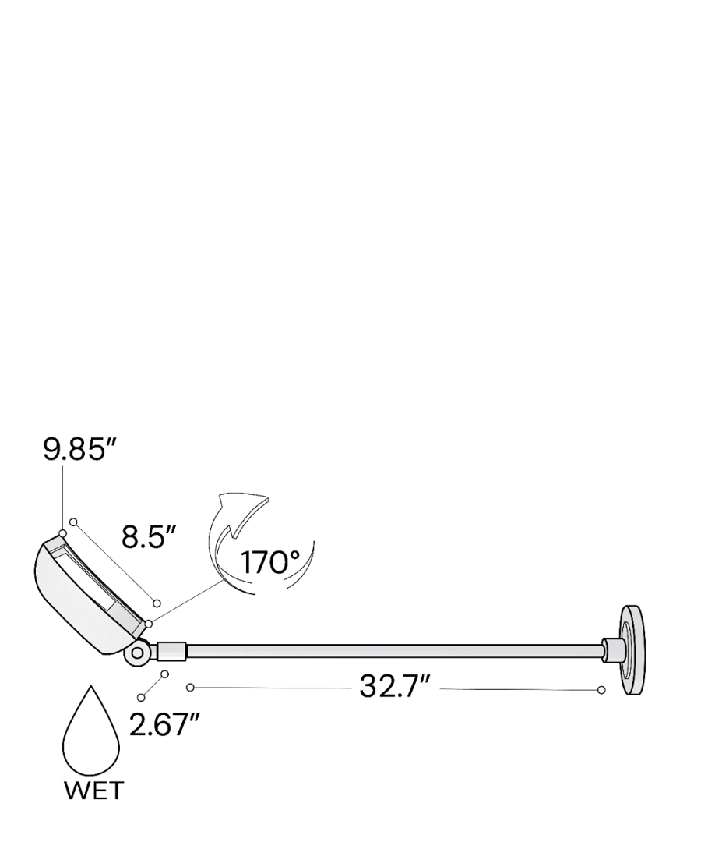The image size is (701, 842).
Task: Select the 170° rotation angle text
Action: point(270,562)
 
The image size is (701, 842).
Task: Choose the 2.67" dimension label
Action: point(164,725)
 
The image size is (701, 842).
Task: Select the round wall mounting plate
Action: point(633,650)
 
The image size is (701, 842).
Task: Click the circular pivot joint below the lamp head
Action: point(137,653)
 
